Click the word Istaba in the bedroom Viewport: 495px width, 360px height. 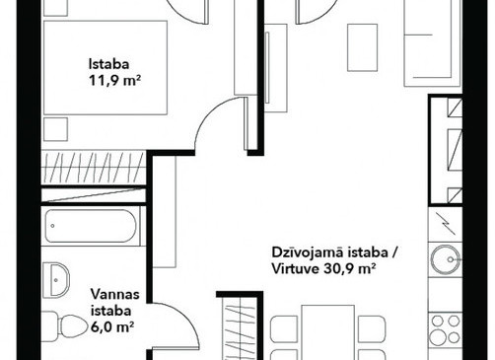point(108,64)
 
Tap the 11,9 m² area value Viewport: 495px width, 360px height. point(115,81)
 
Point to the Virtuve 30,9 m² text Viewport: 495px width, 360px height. point(323,269)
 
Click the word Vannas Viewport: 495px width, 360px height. point(115,294)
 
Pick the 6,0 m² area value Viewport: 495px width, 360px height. point(112,327)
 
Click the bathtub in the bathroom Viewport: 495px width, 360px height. point(91,226)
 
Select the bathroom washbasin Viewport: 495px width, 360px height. point(56,280)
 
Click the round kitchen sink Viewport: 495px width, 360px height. point(446,259)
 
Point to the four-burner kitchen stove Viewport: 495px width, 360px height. point(446,329)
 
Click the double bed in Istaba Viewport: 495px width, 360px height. point(106,68)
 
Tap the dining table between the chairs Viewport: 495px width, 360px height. point(328,332)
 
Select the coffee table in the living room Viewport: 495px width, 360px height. point(362,47)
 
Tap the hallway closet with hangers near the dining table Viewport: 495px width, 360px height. point(240,328)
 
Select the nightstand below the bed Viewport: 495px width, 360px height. point(55,129)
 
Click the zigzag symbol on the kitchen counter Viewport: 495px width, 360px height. point(445,224)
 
